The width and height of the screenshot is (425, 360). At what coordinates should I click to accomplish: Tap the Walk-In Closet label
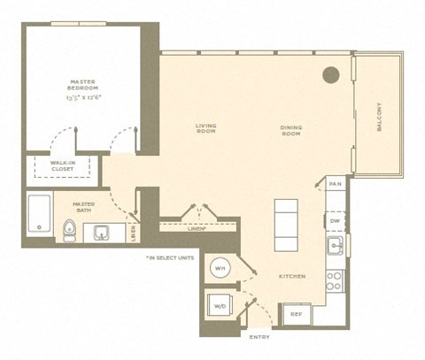coord(61,166)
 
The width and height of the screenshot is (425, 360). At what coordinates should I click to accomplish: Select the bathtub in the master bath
coord(38,215)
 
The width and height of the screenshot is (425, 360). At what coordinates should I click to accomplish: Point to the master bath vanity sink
coord(102,234)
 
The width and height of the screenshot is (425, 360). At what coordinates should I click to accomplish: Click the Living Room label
coord(206,129)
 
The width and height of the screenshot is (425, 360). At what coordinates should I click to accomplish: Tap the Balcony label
coord(378,117)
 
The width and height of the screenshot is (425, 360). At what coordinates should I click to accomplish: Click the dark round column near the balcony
coord(330,76)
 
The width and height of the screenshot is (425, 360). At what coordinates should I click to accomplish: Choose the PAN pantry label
coord(335,183)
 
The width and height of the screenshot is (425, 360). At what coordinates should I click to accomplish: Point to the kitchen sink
coord(335,245)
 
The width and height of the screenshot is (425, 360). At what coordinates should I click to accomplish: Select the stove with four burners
coord(335,281)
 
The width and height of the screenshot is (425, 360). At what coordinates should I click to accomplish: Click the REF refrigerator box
coord(294,312)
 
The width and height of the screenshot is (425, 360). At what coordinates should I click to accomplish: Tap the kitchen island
coord(286,226)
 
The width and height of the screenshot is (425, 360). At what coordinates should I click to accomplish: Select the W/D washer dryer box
coord(219,307)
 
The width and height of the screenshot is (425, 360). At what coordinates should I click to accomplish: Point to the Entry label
coord(260,337)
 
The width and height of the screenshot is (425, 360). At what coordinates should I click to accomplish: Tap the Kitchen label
coord(292,277)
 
